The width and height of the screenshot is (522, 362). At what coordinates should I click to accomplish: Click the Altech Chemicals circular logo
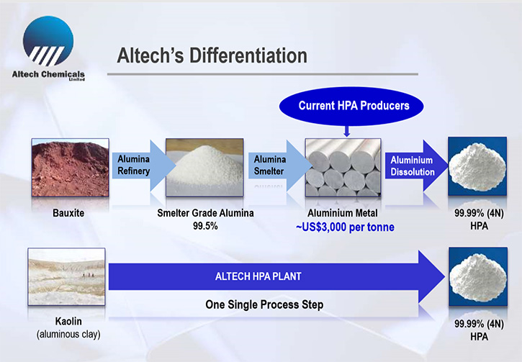(x=48, y=41)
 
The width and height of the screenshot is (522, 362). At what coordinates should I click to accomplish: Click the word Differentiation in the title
(x=248, y=55)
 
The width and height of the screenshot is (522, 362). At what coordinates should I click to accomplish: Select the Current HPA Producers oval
(x=351, y=106)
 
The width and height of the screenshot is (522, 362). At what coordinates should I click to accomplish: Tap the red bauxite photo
(x=71, y=168)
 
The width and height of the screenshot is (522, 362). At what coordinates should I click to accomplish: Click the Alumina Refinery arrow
(x=143, y=166)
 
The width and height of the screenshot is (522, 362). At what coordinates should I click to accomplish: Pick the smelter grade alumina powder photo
(x=204, y=168)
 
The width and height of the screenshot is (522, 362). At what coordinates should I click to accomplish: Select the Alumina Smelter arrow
(x=279, y=166)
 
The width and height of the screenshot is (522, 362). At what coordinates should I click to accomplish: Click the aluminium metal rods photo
(x=343, y=168)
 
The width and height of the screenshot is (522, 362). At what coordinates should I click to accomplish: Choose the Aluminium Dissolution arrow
(x=416, y=166)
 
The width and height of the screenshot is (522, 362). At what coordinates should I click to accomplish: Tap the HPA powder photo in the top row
(x=477, y=166)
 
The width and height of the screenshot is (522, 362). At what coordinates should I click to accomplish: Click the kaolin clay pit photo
(x=66, y=276)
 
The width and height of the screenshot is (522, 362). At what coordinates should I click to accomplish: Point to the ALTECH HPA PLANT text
(x=258, y=276)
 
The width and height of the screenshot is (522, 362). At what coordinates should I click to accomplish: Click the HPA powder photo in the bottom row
(x=478, y=276)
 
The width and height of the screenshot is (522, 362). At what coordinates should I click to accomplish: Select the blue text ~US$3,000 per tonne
(x=345, y=227)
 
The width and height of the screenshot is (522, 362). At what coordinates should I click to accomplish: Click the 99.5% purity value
(x=205, y=226)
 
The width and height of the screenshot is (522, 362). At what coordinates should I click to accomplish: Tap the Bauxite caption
(x=68, y=213)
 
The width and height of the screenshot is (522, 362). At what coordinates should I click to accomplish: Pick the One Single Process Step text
(x=264, y=304)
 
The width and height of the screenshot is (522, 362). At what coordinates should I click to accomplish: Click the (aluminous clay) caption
(x=68, y=334)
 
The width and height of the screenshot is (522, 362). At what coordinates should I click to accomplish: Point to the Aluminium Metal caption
(x=343, y=213)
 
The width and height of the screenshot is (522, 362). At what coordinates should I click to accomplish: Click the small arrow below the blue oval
(x=346, y=131)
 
